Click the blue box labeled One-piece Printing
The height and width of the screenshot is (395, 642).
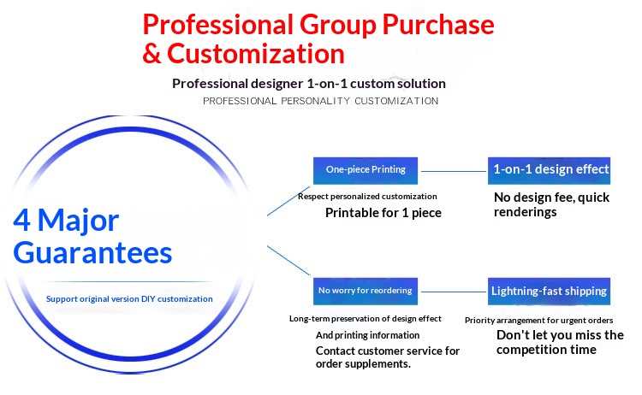pos(366,170)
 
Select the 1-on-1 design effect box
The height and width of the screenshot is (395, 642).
pos(549,170)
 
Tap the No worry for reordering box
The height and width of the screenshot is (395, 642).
pos(366,292)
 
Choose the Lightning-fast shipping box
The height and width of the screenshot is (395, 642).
pos(549,292)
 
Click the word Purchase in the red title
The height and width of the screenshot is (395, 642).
pos(438,25)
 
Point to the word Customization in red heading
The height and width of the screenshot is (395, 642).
pos(255,54)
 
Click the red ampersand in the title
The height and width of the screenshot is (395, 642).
pos(152,54)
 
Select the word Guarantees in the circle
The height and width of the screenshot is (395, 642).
pos(92,253)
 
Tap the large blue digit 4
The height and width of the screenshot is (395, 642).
pos(21,220)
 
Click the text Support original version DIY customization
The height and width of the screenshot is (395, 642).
pos(129,299)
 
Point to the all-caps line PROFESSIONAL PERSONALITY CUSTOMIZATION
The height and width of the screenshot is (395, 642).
pos(321,101)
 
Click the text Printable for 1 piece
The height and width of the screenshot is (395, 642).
pos(383,213)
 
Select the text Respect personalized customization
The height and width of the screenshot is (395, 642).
pos(367,197)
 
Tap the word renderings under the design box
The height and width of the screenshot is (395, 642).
pos(526,212)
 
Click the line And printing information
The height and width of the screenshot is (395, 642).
pos(368,335)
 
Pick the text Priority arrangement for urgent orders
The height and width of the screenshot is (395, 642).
pos(538,320)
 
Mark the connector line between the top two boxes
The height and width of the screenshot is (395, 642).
pos(454,171)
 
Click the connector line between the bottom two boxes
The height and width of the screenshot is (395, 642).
pos(454,292)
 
